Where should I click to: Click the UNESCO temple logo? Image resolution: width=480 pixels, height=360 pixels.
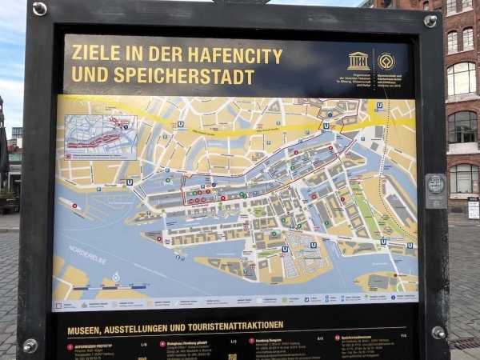point(358,61)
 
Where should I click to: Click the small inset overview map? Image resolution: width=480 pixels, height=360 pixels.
point(100,136)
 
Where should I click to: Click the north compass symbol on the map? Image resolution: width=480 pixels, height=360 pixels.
point(116,277)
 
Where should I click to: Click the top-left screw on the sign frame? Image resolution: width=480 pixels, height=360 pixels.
point(39,9)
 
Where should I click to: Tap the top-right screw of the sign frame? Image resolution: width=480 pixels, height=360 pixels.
point(430,21)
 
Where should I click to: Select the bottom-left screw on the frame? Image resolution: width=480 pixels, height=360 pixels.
point(30,346)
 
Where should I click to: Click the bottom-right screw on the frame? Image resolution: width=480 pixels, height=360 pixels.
point(438,332)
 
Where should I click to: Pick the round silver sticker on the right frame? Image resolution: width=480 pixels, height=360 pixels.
point(435,185)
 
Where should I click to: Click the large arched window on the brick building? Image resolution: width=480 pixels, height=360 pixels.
point(461,79)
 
